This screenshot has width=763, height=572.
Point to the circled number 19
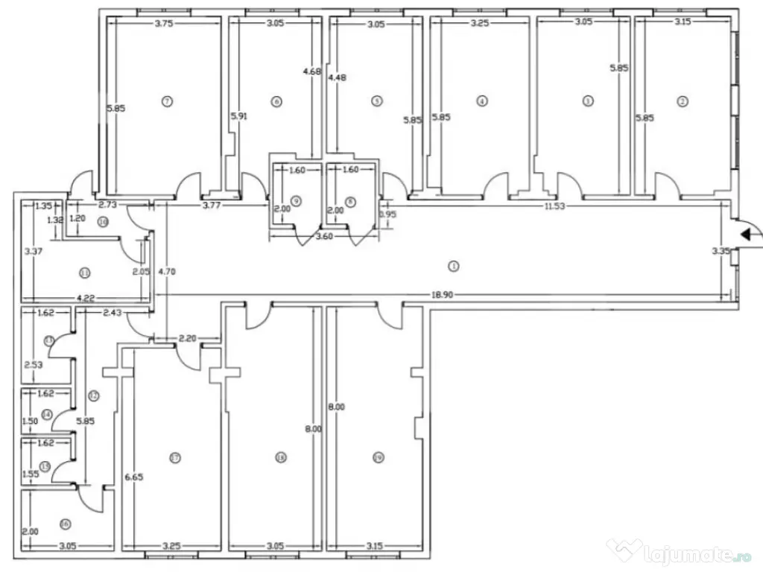tap(379, 458)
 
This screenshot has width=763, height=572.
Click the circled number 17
tap(175, 457)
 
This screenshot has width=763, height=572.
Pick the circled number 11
tap(84, 273)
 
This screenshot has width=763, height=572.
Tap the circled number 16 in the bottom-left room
tap(65, 524)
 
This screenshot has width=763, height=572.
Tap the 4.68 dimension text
tap(311, 71)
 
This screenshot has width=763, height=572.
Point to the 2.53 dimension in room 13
tap(33, 365)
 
